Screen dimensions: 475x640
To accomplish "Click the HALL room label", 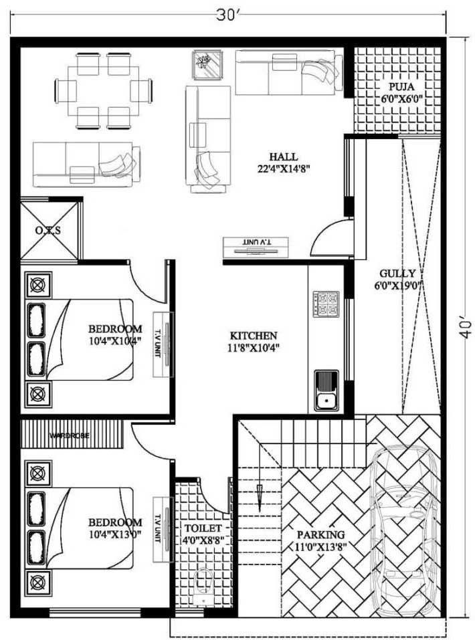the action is click(x=283, y=156).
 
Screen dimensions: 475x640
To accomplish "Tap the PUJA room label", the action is click(x=401, y=86).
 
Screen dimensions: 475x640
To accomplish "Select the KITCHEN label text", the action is click(x=254, y=336).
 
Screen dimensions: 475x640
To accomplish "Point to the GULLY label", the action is click(x=397, y=274).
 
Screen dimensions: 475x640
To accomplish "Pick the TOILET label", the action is click(x=203, y=528).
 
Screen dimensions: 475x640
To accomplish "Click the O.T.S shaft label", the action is click(x=48, y=231).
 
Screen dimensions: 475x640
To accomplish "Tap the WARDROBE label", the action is click(x=70, y=436).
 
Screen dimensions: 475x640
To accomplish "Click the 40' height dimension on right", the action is click(x=465, y=326).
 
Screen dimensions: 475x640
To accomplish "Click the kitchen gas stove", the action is click(x=326, y=304).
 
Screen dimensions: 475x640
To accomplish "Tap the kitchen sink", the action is click(x=326, y=390).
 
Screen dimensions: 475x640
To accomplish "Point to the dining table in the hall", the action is click(x=103, y=91).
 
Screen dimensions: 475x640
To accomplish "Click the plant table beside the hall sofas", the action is click(x=207, y=64).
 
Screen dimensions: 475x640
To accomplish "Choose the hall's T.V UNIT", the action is click(x=256, y=247).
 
